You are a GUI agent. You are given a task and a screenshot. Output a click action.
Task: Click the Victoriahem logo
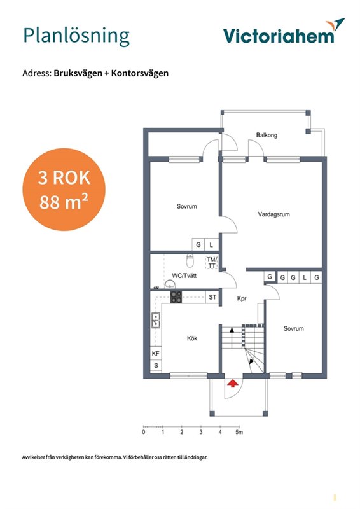[284, 31]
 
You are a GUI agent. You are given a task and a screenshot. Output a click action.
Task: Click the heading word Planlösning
[76, 36]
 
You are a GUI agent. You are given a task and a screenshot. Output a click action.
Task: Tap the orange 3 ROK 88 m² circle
[64, 190]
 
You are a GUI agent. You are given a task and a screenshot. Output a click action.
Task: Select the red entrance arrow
[232, 384]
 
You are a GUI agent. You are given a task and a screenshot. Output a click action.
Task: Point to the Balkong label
[267, 135]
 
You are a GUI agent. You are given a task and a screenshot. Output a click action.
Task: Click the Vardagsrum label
[273, 214]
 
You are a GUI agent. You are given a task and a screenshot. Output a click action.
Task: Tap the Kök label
[192, 338]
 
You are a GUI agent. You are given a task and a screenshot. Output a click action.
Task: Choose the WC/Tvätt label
[184, 275]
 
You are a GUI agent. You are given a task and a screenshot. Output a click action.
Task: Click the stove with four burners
[176, 297]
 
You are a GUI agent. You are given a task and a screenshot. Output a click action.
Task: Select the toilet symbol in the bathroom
[190, 261]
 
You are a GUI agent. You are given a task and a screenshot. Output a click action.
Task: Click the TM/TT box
[212, 263]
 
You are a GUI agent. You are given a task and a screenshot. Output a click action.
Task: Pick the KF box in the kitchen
[156, 354]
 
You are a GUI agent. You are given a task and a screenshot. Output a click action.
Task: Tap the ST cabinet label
[212, 297]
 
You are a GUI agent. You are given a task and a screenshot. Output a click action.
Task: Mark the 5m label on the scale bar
[239, 432]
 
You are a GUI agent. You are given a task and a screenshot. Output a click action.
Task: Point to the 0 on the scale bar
[144, 432]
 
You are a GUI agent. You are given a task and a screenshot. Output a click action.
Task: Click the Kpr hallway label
[242, 298]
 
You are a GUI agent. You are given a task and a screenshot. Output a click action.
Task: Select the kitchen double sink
[156, 320]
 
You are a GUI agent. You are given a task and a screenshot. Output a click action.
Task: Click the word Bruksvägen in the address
[78, 73]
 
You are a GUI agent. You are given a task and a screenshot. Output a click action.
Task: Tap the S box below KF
[156, 365]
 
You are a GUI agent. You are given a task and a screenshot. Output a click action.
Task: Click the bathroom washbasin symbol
[169, 284]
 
